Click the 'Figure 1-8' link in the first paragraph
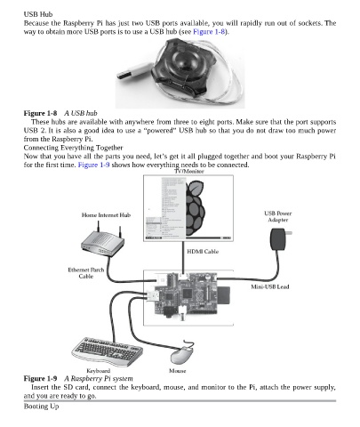209,32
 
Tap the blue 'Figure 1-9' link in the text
93,165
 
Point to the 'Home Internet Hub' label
106,215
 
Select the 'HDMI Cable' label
203,252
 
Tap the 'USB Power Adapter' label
278,216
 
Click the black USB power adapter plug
279,239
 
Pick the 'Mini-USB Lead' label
270,286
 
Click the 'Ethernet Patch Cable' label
86,273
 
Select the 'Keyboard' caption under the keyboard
99,371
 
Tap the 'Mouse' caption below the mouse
178,371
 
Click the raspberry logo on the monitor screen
196,208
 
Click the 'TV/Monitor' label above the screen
189,171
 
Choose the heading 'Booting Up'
41,407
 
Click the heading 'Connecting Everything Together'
73,148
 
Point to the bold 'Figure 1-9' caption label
40,379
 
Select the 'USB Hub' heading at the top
38,14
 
